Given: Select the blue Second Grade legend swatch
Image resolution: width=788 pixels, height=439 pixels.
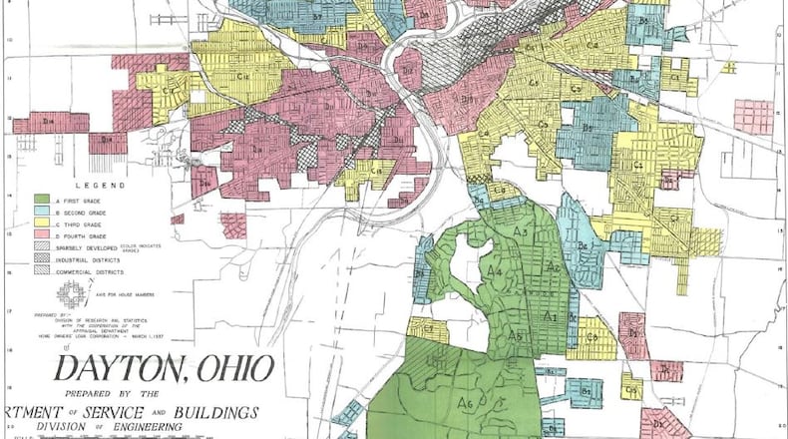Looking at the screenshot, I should click(43, 213).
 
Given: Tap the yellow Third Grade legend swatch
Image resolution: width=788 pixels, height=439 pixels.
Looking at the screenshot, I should click(43, 225).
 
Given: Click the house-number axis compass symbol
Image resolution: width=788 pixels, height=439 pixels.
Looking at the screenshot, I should click(70, 292).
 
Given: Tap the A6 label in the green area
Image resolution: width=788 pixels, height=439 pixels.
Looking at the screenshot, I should click(464, 403).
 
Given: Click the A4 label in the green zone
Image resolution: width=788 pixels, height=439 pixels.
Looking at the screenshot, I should click(494, 270).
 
